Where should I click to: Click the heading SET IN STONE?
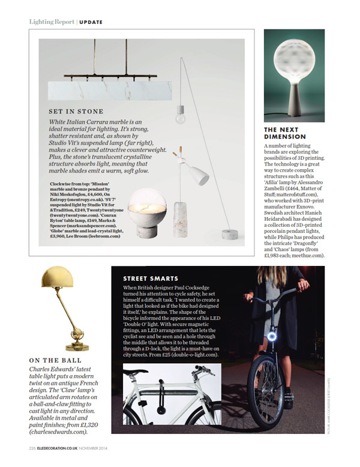(x=76, y=112)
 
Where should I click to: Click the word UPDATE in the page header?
(x=91, y=22)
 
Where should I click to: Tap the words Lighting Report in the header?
(x=52, y=22)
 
